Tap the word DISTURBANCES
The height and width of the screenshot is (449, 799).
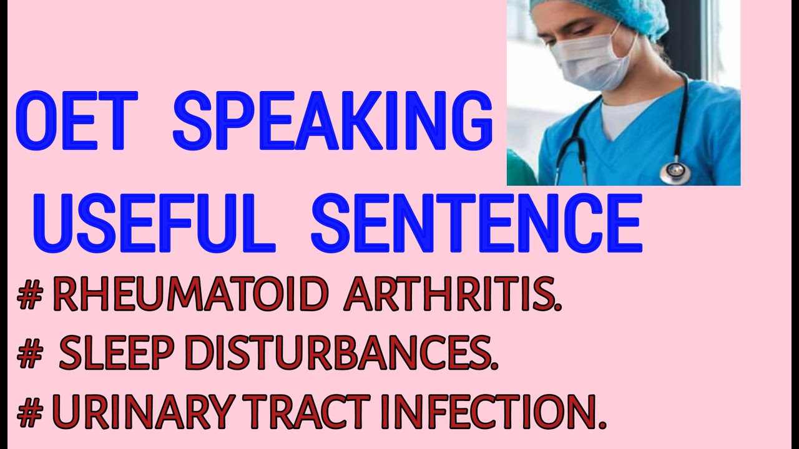coord(341,355)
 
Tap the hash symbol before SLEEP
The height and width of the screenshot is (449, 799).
coord(29,355)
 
